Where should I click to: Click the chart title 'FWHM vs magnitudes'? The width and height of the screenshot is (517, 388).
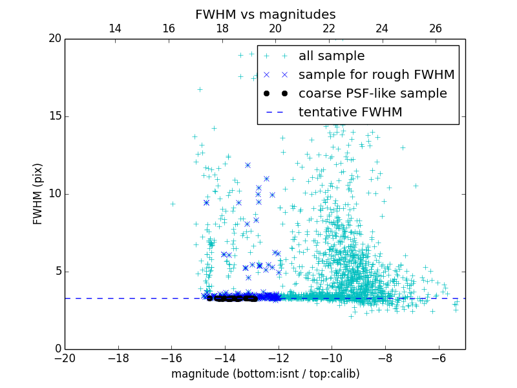pyautogui.click(x=265, y=14)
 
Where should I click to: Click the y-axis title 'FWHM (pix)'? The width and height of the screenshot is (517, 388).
pyautogui.click(x=38, y=194)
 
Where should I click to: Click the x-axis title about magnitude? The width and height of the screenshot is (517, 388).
pyautogui.click(x=265, y=374)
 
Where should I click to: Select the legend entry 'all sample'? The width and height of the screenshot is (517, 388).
pyautogui.click(x=332, y=56)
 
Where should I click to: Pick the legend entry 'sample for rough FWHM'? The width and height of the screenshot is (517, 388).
pyautogui.click(x=376, y=75)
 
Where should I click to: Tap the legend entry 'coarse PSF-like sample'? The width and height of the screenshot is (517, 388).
pyautogui.click(x=372, y=94)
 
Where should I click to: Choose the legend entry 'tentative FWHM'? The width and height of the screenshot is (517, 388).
pyautogui.click(x=350, y=113)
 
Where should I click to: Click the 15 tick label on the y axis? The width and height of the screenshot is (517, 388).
pyautogui.click(x=54, y=116)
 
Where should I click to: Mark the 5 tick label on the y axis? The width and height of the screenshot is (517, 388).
pyautogui.click(x=57, y=272)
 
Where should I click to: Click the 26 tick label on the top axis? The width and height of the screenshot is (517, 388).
pyautogui.click(x=436, y=28)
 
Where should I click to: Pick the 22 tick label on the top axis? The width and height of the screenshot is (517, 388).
pyautogui.click(x=329, y=28)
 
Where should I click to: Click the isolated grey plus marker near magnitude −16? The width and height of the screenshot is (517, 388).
pyautogui.click(x=173, y=204)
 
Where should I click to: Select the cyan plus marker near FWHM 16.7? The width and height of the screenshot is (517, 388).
pyautogui.click(x=200, y=89)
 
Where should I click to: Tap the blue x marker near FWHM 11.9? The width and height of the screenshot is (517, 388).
pyautogui.click(x=248, y=165)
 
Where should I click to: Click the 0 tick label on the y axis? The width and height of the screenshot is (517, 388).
pyautogui.click(x=57, y=349)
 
